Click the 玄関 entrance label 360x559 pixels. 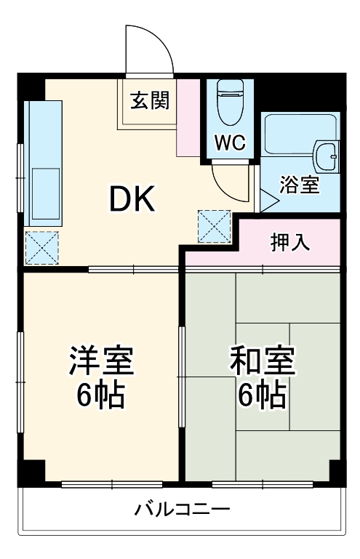[150, 100]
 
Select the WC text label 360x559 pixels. [229, 142]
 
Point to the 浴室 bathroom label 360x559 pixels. [300, 185]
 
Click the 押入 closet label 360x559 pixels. [290, 243]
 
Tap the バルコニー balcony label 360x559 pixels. [182, 508]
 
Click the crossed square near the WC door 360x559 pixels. [215, 225]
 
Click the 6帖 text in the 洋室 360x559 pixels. [101, 396]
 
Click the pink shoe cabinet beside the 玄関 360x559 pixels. [188, 116]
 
